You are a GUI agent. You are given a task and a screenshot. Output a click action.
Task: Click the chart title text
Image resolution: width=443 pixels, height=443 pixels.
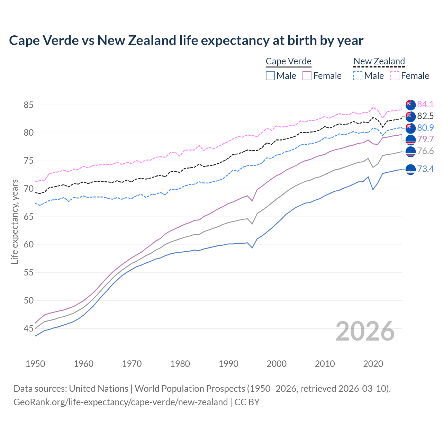coord(186,40)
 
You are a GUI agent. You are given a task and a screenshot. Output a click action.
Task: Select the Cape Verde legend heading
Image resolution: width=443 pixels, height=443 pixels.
coord(289,62)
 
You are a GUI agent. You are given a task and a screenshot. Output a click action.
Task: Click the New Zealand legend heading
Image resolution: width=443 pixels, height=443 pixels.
coord(379,62)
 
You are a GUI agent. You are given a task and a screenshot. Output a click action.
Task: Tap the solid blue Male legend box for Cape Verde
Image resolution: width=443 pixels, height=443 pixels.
coord(270,76)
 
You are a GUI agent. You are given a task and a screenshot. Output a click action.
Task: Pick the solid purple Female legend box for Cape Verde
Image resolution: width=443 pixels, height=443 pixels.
coord(307,76)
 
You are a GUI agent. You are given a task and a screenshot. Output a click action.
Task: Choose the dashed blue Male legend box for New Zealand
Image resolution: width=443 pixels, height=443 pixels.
coord(358,76)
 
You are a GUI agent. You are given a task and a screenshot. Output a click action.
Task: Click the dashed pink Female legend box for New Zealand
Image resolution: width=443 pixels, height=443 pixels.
coord(395,76)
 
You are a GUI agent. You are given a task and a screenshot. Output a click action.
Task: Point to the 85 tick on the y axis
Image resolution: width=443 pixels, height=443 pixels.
coord(28,105)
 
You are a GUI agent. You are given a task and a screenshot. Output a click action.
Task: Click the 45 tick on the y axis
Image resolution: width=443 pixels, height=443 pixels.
coord(28,328)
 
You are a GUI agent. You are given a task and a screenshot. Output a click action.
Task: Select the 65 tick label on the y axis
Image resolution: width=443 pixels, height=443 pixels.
coord(28,217)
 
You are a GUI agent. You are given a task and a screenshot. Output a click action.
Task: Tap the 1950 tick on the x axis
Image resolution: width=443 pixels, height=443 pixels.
coord(35,364)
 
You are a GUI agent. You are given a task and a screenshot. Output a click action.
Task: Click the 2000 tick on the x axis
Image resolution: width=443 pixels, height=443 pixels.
coord(277,364)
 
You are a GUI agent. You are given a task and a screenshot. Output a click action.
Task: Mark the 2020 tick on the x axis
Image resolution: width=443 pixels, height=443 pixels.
coord(373,364)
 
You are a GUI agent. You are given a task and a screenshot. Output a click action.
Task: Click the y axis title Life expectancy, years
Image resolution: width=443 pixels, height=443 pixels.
coord(15,221)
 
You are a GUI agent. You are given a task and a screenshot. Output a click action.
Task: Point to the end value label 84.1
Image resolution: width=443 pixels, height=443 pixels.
coord(425,104)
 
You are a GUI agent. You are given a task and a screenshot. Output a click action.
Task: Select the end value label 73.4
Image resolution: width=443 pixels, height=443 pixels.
coord(425,169)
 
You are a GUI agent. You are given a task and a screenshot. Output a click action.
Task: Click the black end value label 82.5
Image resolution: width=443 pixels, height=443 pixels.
coord(425,116)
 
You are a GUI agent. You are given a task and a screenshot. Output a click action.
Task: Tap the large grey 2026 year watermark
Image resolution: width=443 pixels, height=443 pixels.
coord(365,331)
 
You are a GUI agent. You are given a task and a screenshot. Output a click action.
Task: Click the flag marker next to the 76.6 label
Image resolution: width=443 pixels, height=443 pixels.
coord(410,152)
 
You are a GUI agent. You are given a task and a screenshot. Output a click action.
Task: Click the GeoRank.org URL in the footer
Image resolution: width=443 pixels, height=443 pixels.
coord(120,402)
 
